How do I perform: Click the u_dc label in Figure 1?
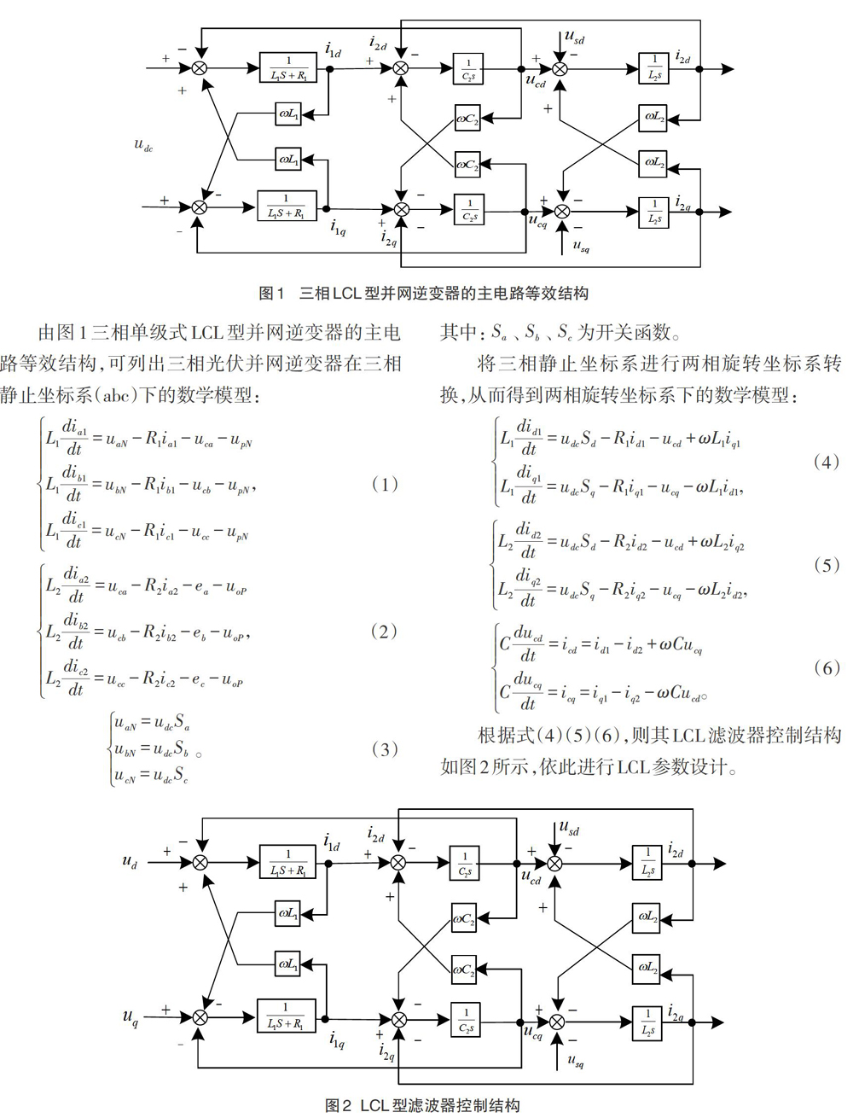[x=143, y=146]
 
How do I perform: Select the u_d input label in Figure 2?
[x=130, y=861]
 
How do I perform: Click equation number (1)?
[x=384, y=484]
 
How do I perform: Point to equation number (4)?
[x=826, y=462]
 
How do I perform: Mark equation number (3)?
[x=384, y=749]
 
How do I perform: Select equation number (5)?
[x=826, y=565]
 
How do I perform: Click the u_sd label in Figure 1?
[x=575, y=38]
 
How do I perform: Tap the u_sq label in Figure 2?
[x=575, y=1060]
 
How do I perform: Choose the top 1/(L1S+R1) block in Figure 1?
[x=287, y=67]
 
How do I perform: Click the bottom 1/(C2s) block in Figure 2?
[x=466, y=1019]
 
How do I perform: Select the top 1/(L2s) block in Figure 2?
[x=647, y=862]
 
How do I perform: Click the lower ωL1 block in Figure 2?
[x=287, y=964]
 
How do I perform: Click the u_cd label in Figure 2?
[x=531, y=877]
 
